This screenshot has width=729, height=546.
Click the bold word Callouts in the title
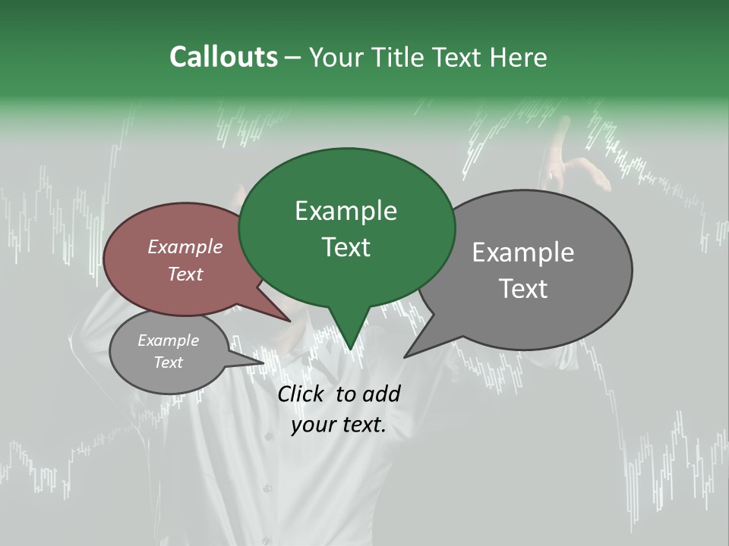[223, 57]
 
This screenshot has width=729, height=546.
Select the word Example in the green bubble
[346, 211]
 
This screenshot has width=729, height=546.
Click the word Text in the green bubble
[346, 247]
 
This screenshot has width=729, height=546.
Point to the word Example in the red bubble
[185, 246]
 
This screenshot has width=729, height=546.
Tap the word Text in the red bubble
[185, 274]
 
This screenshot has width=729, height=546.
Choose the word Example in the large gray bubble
[522, 253]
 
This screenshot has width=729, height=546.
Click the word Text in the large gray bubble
[522, 289]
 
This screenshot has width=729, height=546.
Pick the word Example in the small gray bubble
[168, 340]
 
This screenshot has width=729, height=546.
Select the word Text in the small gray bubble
[168, 362]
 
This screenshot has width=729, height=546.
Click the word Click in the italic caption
[302, 394]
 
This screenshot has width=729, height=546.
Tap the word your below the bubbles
[314, 425]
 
